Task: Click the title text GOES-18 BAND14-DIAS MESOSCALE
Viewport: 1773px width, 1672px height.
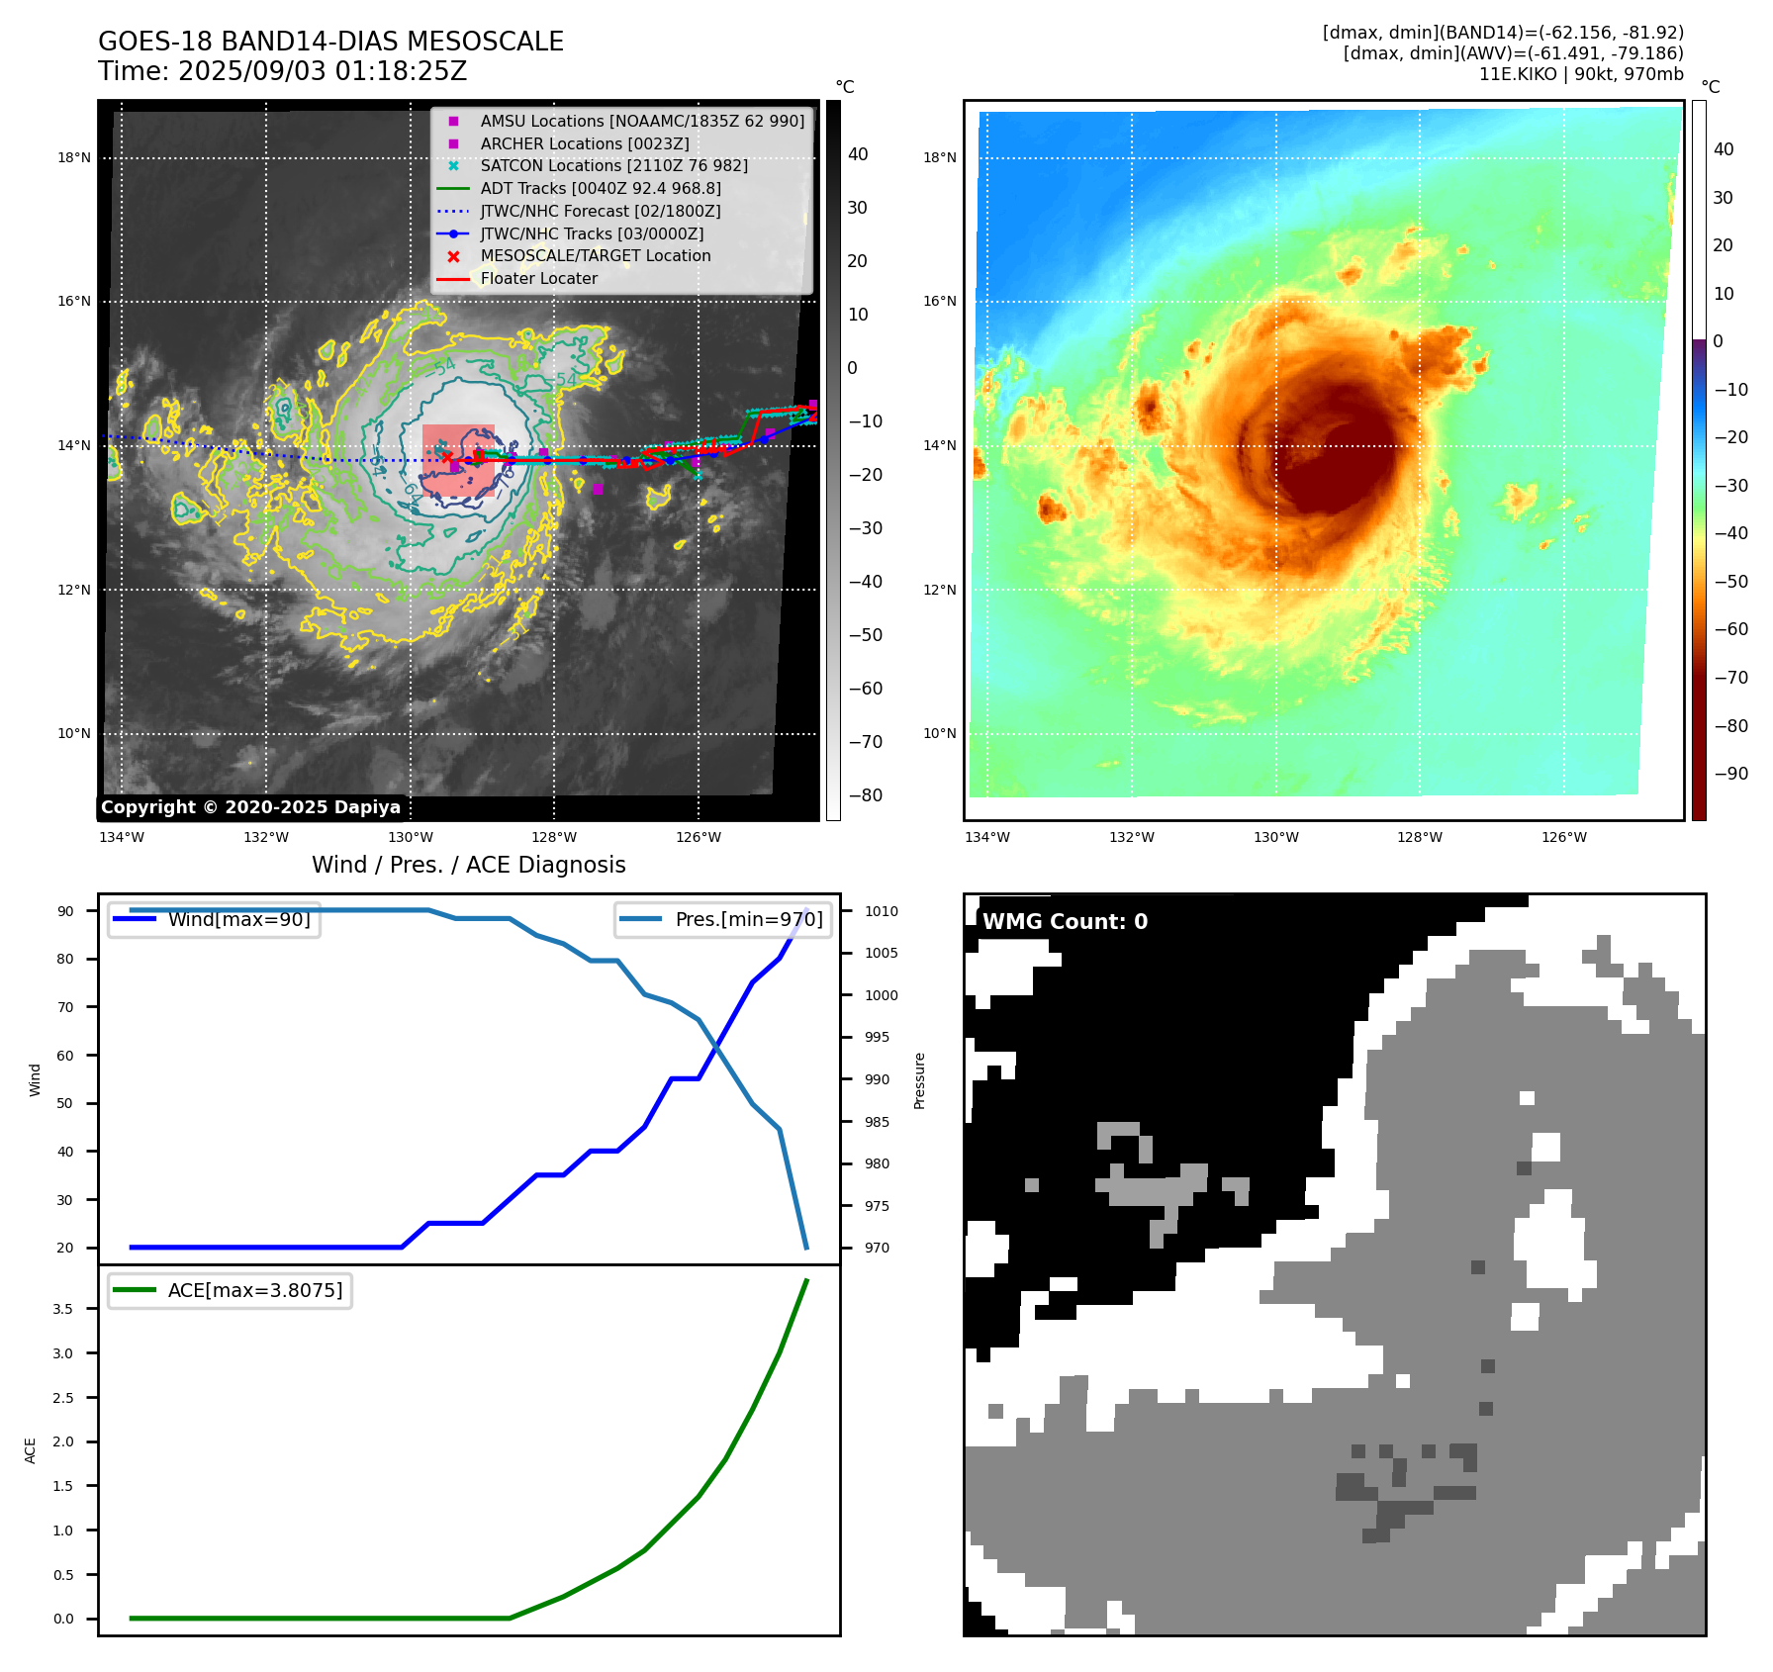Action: pos(330,42)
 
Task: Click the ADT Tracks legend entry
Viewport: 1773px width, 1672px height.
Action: pos(600,188)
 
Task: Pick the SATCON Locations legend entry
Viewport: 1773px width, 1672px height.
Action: pos(613,165)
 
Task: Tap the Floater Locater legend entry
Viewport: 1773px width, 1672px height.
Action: pos(538,279)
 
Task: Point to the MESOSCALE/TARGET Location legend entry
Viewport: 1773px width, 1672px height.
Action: pos(595,255)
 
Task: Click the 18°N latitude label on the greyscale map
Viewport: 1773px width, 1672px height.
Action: pos(74,157)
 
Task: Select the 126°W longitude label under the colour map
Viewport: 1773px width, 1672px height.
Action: pos(1563,837)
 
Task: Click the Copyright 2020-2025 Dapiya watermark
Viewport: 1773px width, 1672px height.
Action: pos(250,807)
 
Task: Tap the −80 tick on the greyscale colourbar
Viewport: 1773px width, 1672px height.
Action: pos(865,795)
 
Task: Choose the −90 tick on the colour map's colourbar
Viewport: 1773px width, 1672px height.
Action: pos(1730,774)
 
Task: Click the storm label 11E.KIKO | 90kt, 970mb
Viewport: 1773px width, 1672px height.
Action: pos(1580,74)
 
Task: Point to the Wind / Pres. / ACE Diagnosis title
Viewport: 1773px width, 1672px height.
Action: pos(468,865)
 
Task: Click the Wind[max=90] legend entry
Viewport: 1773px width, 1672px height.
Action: pos(238,919)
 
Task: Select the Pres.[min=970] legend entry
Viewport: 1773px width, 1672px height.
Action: pos(748,919)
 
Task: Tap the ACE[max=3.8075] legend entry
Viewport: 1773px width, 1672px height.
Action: pos(254,1290)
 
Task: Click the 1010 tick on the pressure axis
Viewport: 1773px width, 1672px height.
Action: pos(881,911)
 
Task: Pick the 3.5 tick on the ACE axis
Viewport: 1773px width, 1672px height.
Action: pos(63,1309)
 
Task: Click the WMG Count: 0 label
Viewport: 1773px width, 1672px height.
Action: pos(1065,922)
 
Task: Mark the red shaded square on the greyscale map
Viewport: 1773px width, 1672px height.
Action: pos(458,461)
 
